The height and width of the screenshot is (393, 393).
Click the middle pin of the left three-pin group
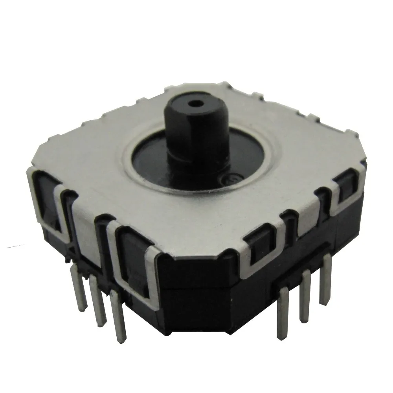point(97,299)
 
